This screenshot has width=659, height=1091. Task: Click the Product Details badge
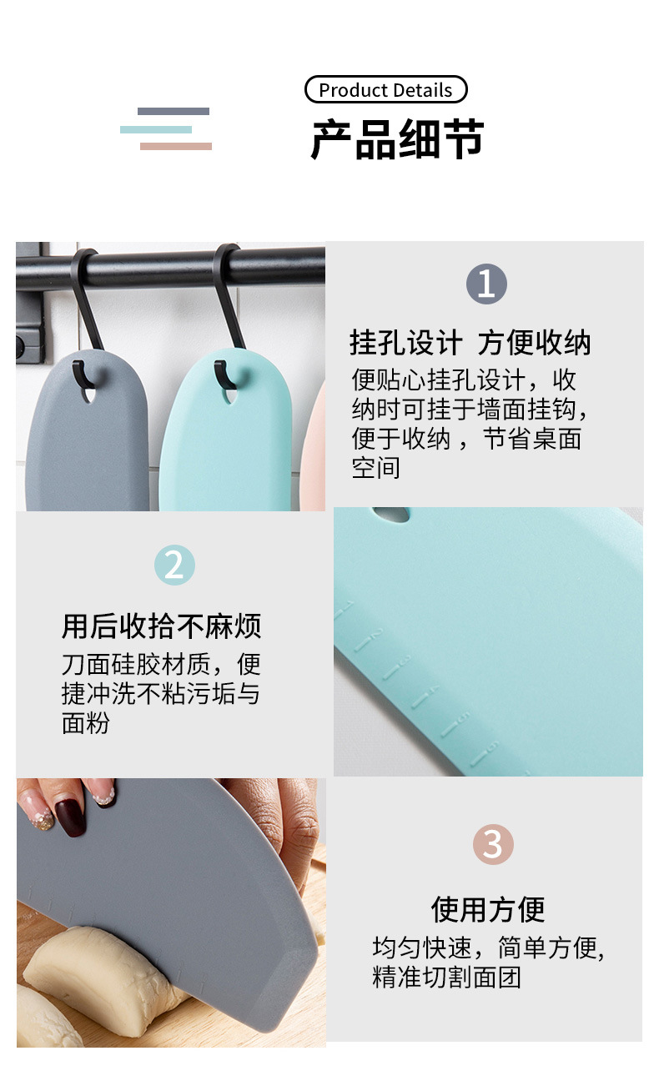pyautogui.click(x=385, y=90)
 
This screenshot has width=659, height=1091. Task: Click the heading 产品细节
pyautogui.click(x=397, y=139)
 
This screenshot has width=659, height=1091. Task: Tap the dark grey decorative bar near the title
pyautogui.click(x=174, y=111)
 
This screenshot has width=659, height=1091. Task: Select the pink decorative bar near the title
pyautogui.click(x=176, y=146)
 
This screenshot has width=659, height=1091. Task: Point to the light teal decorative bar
pyautogui.click(x=156, y=129)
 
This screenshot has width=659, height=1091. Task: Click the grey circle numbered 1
pyautogui.click(x=486, y=284)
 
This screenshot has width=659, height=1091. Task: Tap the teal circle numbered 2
pyautogui.click(x=174, y=566)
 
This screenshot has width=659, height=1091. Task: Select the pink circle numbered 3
pyautogui.click(x=493, y=844)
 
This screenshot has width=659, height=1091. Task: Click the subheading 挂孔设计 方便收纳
pyautogui.click(x=470, y=343)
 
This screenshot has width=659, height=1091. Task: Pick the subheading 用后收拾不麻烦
pyautogui.click(x=162, y=626)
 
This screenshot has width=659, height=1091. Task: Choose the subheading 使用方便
pyautogui.click(x=488, y=908)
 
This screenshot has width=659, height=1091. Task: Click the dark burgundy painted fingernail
pyautogui.click(x=70, y=817)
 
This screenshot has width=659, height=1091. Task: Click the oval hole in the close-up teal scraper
pyautogui.click(x=392, y=515)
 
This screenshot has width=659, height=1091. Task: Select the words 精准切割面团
pyautogui.click(x=446, y=977)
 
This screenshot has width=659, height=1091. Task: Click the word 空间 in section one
pyautogui.click(x=375, y=468)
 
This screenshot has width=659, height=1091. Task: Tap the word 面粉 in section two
pyautogui.click(x=86, y=722)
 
